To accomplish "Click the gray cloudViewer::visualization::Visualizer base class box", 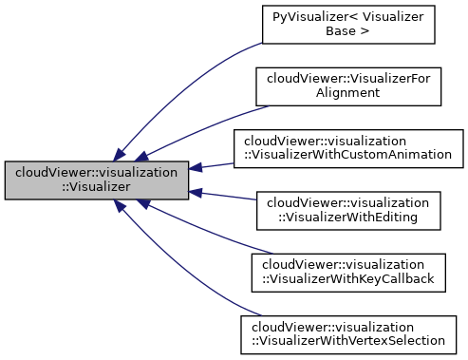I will [97, 180].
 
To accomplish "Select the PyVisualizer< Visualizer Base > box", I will [348, 24].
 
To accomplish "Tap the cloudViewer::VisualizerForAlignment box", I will [348, 86].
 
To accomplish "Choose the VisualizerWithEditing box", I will [348, 211].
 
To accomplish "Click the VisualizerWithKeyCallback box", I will [348, 273].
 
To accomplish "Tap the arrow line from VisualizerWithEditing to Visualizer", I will [223, 197].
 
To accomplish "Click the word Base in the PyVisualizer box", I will [348, 31].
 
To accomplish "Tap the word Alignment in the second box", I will [348, 94].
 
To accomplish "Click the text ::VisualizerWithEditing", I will [348, 218].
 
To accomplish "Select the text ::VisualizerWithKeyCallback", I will [348, 280].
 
